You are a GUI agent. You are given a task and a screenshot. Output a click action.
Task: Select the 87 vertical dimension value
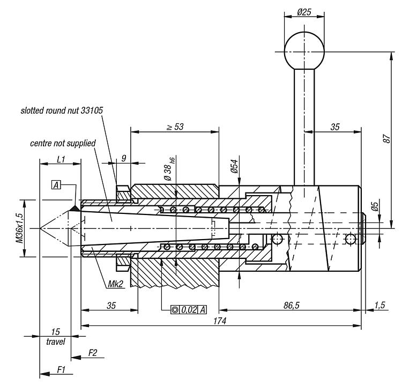pyautogui.click(x=386, y=138)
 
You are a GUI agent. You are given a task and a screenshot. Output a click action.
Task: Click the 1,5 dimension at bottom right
pyautogui.click(x=380, y=305)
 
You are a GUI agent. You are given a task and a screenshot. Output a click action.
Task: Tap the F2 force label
pyautogui.click(x=92, y=352)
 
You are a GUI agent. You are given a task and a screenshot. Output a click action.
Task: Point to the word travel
pyautogui.click(x=55, y=341)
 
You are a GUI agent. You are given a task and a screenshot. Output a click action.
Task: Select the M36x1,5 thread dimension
pyautogui.click(x=19, y=228)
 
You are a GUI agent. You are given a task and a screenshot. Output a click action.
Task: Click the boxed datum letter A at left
pyautogui.click(x=56, y=185)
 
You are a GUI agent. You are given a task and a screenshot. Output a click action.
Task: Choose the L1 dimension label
pyautogui.click(x=60, y=159)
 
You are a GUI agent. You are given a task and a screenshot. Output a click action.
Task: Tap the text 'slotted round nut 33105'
pyautogui.click(x=62, y=111)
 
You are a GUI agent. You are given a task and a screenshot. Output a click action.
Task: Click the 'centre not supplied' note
pyautogui.click(x=63, y=143)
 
